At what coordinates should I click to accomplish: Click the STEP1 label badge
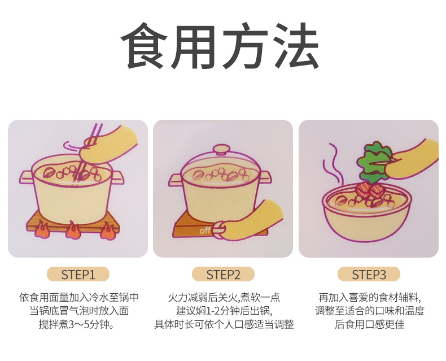(x=78, y=275)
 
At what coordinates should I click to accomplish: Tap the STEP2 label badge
(x=224, y=275)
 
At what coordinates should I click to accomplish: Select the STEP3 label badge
(x=369, y=275)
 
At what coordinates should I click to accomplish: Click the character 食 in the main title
(x=144, y=46)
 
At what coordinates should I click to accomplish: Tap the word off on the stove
(x=205, y=230)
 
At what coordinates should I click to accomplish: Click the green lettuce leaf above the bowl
(x=373, y=162)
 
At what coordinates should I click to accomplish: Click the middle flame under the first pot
(x=73, y=230)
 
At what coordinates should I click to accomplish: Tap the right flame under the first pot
(x=108, y=231)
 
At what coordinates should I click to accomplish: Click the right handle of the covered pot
(x=265, y=177)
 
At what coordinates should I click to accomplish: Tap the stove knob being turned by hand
(x=219, y=229)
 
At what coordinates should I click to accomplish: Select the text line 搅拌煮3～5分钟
(x=77, y=324)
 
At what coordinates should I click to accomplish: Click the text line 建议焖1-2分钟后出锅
(x=224, y=311)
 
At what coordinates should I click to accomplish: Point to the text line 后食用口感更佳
(x=369, y=324)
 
